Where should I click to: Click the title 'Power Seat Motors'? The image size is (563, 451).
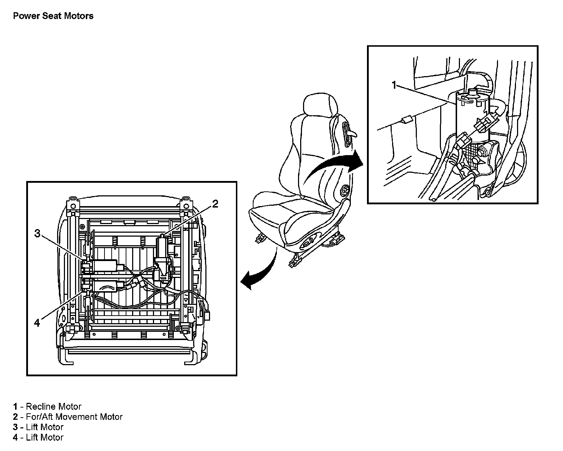(53, 16)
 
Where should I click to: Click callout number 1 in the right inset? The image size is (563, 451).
(394, 85)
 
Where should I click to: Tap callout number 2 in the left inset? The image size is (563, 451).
(215, 204)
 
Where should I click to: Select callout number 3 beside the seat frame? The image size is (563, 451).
(37, 233)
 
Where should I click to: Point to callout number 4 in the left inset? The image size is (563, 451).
(37, 323)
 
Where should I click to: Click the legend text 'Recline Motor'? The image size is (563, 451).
(53, 406)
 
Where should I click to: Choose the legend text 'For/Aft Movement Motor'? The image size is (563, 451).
(74, 417)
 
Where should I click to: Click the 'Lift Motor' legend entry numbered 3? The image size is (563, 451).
(45, 427)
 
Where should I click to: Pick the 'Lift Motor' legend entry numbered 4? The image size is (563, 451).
(45, 437)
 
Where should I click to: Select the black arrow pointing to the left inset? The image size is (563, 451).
(259, 273)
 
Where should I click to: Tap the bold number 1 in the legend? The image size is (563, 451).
(15, 406)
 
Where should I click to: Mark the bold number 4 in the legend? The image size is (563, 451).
(15, 437)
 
